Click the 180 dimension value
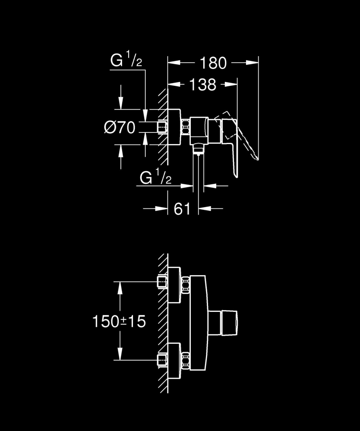tap(213, 63)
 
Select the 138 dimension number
tap(202, 85)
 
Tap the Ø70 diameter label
tap(120, 127)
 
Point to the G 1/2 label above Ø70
tap(126, 61)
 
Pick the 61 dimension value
tap(182, 209)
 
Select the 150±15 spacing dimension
tap(120, 321)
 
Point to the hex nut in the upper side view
tap(186, 128)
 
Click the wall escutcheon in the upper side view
tap(174, 128)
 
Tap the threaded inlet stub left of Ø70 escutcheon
tap(162, 128)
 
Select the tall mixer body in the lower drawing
tap(199, 321)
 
